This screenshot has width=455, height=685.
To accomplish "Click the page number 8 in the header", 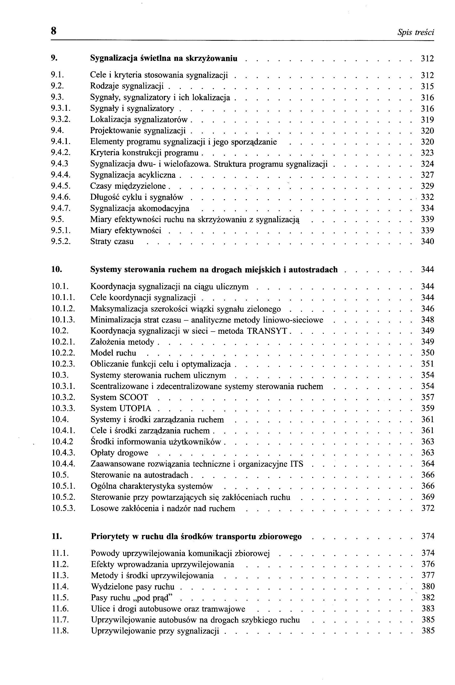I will pyautogui.click(x=54, y=31).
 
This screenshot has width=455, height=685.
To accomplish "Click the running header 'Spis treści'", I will pyautogui.click(x=416, y=33).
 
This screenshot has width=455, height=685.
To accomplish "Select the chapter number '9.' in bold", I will pyautogui.click(x=54, y=58).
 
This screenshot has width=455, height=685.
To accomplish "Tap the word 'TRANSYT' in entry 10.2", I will pyautogui.click(x=267, y=331).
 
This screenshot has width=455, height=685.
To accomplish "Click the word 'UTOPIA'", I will pyautogui.click(x=135, y=409).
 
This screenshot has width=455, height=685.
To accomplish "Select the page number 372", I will pyautogui.click(x=428, y=508).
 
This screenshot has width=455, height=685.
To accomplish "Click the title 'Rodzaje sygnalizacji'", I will pyautogui.click(x=127, y=86).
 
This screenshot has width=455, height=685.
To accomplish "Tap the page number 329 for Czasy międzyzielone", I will pyautogui.click(x=427, y=186).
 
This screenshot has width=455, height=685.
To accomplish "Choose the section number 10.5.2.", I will pyautogui.click(x=64, y=497).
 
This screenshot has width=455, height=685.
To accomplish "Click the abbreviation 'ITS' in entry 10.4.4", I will pyautogui.click(x=297, y=464).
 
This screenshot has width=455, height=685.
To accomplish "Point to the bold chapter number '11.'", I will pyautogui.click(x=57, y=537).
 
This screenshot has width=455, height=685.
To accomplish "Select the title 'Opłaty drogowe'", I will pyautogui.click(x=119, y=453).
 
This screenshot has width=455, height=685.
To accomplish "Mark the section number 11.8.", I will pyautogui.click(x=60, y=631).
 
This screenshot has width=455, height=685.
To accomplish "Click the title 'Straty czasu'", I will pyautogui.click(x=112, y=242).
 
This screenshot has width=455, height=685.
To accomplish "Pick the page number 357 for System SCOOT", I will pyautogui.click(x=428, y=397).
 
